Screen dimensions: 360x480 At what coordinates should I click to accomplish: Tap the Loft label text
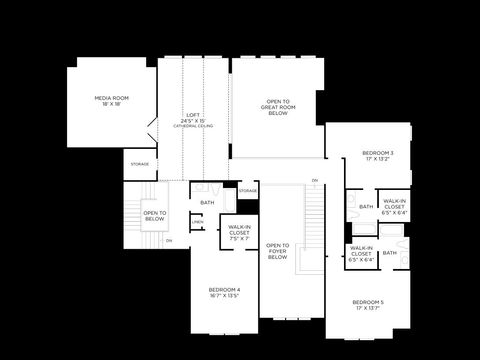point(192,115)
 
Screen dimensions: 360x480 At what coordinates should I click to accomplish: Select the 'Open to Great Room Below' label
point(277,107)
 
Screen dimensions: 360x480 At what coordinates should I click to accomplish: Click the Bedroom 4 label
point(224,289)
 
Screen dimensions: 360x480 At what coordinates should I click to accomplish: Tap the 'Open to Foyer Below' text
point(278,251)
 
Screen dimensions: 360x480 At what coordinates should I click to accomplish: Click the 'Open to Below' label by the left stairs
point(154,215)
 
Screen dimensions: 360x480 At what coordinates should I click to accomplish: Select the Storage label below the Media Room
point(140,164)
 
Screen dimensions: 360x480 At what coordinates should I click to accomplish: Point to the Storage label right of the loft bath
point(248,190)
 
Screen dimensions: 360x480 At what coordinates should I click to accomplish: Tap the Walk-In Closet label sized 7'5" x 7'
point(239,233)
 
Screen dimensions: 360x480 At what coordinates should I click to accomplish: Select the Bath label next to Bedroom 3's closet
point(366,207)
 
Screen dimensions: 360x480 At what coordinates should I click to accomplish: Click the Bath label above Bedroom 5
point(389,253)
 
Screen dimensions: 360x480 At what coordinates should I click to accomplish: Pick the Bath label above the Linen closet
point(207,203)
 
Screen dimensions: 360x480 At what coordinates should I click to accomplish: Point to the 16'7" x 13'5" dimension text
point(224,296)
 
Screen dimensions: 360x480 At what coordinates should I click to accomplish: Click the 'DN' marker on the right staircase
point(314,181)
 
